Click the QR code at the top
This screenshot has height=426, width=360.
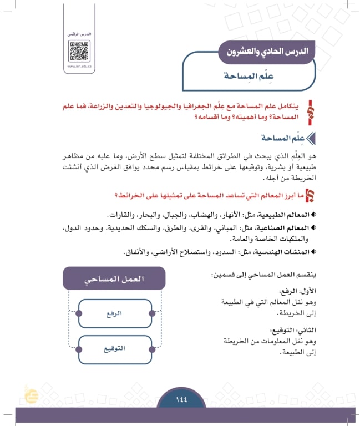pyautogui.click(x=79, y=51)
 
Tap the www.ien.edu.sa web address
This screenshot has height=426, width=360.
pyautogui.click(x=79, y=67)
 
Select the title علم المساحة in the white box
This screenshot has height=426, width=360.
pyautogui.click(x=259, y=76)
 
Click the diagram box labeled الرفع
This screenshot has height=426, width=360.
pyautogui.click(x=114, y=313)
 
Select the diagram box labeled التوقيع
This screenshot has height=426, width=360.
pyautogui.click(x=114, y=348)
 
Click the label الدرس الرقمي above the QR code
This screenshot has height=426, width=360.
pyautogui.click(x=79, y=35)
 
